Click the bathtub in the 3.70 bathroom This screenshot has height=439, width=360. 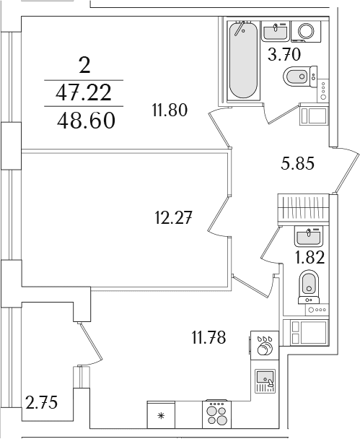(x=243, y=61)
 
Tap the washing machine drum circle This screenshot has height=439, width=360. (x=306, y=30)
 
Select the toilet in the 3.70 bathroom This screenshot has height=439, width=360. (x=300, y=77)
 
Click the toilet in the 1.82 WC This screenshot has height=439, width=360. (x=309, y=287)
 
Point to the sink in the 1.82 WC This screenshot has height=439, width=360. (x=308, y=236)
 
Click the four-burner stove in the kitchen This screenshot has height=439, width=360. (x=216, y=414)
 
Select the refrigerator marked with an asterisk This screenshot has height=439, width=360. (x=161, y=415)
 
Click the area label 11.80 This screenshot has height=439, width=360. (x=170, y=110)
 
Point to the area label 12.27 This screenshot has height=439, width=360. (x=173, y=218)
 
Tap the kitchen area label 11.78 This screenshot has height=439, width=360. (x=208, y=337)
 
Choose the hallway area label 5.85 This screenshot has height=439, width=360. (x=297, y=163)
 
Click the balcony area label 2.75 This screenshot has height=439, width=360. (x=41, y=402)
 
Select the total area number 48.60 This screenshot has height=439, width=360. (x=86, y=121)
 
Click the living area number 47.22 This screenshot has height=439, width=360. (x=84, y=93)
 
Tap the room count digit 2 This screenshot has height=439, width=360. (x=84, y=66)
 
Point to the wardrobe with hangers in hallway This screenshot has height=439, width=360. (x=303, y=209)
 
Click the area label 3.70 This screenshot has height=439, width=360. (x=284, y=55)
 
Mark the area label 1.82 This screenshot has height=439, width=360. (x=310, y=257)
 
